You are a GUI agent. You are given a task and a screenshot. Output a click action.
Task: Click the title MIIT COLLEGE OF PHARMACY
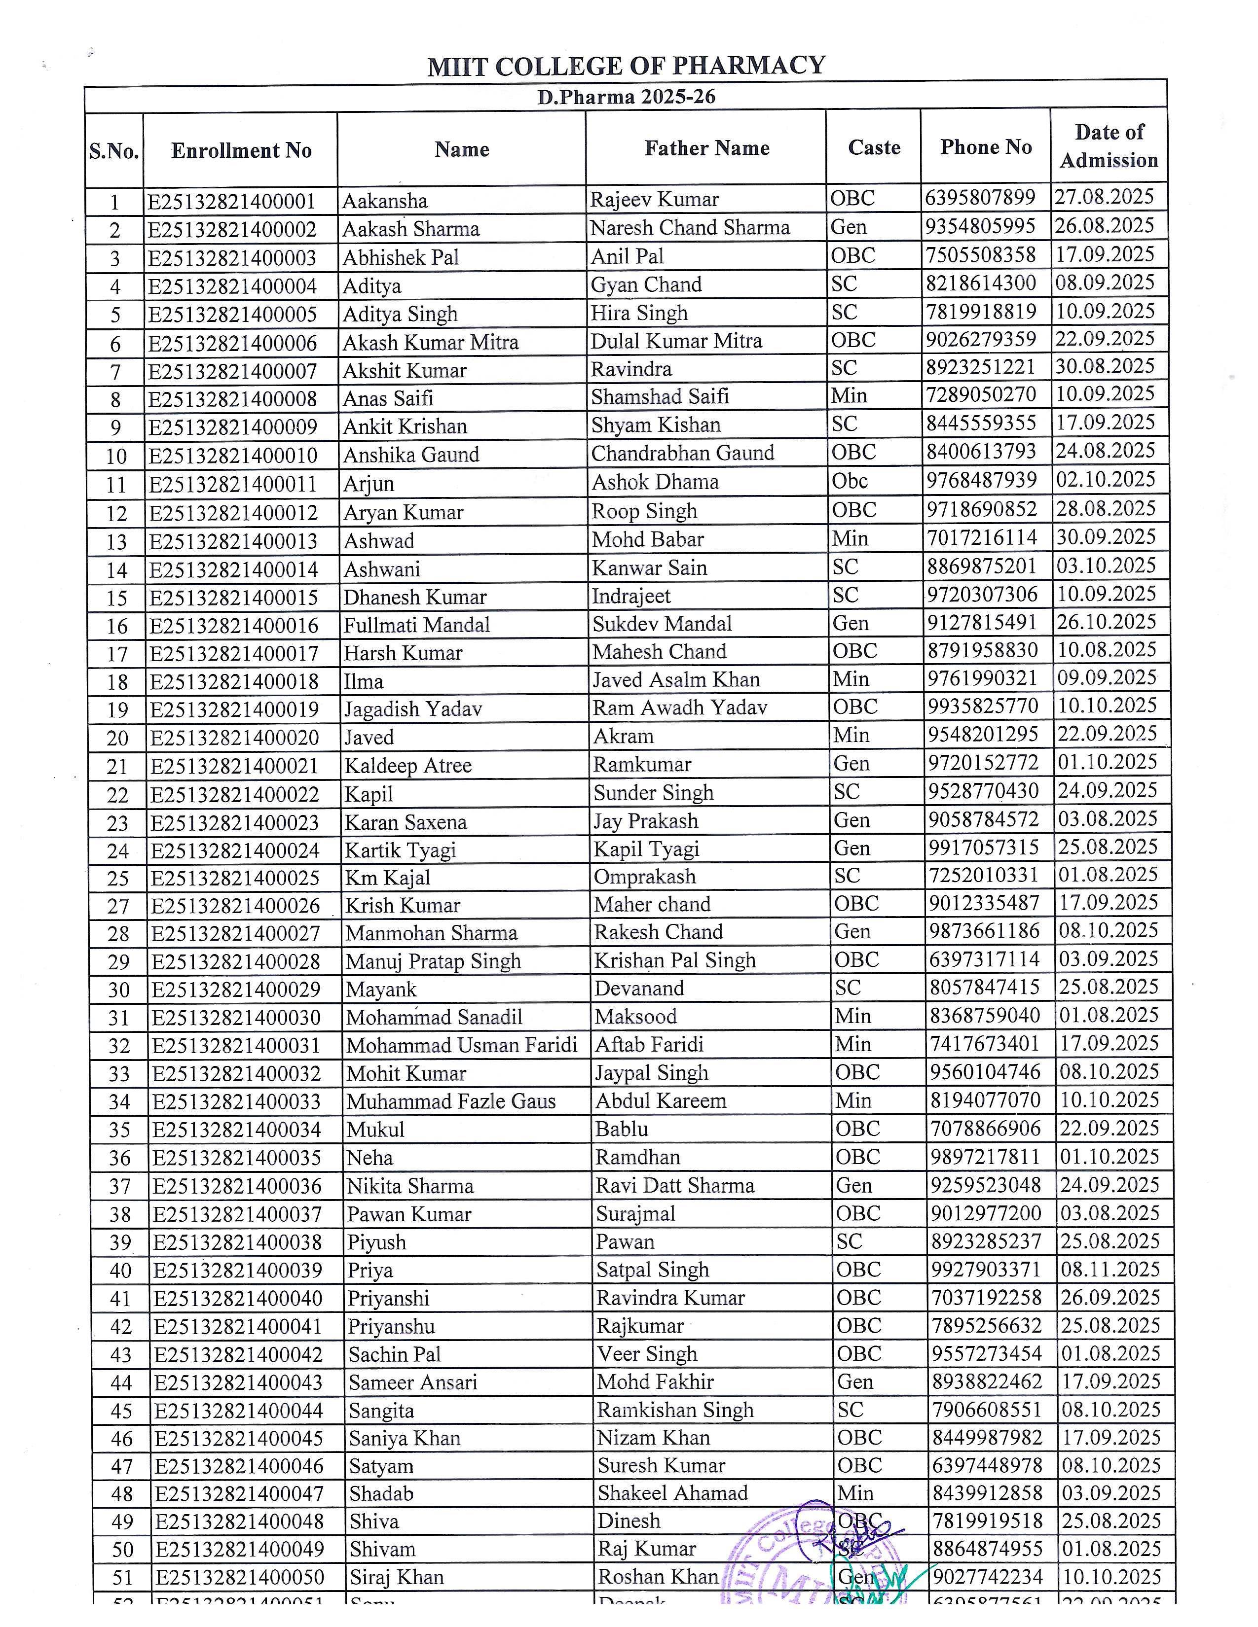click(x=626, y=66)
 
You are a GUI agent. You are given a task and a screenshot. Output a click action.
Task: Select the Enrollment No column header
click(x=241, y=150)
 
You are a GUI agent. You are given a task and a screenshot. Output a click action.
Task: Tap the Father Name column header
click(x=706, y=148)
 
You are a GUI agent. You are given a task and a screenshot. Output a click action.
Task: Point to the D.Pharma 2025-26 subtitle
click(x=626, y=97)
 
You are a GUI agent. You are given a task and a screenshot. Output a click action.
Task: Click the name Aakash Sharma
click(x=410, y=229)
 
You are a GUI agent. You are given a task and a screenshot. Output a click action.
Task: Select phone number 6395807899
click(x=980, y=198)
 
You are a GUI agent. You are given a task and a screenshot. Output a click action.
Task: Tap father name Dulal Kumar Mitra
click(x=676, y=341)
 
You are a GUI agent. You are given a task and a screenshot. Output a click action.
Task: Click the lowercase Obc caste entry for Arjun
click(x=850, y=481)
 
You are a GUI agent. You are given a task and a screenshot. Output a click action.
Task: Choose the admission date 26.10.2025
click(x=1107, y=622)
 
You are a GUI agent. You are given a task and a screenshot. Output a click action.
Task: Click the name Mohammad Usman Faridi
click(x=461, y=1045)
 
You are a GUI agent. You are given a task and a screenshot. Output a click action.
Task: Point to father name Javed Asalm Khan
click(x=676, y=679)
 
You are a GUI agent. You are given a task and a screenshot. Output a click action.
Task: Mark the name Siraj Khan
click(x=397, y=1577)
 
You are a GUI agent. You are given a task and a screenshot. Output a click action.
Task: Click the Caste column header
click(x=873, y=147)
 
